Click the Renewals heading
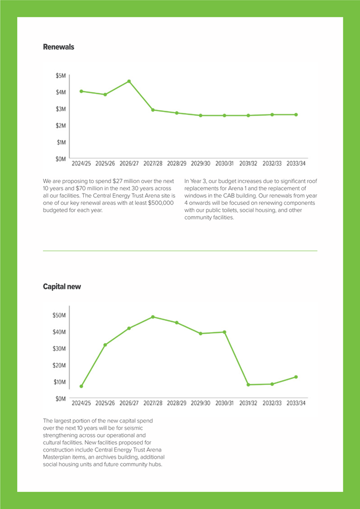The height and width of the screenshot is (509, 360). click(59, 47)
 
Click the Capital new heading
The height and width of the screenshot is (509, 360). click(62, 287)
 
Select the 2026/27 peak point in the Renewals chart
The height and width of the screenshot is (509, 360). click(129, 81)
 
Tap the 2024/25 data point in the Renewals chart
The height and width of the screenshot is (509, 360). click(81, 91)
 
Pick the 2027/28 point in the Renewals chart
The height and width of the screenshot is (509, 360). click(153, 110)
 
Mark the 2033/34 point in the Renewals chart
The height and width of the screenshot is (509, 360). click(296, 114)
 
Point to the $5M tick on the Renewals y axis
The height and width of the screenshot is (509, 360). click(61, 76)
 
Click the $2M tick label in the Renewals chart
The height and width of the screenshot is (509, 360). click(61, 126)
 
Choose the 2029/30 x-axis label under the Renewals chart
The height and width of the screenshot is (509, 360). click(200, 164)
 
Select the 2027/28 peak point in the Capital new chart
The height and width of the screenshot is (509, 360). click(153, 317)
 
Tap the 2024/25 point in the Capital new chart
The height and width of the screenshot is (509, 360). click(81, 386)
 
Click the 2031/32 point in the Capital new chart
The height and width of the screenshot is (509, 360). click(248, 385)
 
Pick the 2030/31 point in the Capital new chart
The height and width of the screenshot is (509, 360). click(224, 332)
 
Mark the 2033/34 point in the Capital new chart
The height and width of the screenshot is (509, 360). click(296, 377)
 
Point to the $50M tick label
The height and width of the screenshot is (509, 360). click(60, 315)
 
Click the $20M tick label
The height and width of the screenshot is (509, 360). click(60, 365)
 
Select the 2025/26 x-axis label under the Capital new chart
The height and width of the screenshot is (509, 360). click(105, 403)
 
